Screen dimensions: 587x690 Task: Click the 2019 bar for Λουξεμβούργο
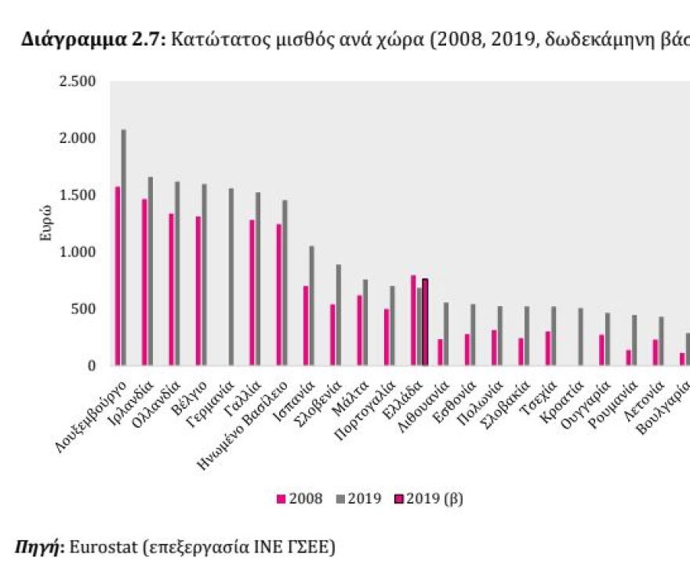[x=124, y=247]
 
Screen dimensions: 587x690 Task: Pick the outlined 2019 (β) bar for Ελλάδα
[x=425, y=323]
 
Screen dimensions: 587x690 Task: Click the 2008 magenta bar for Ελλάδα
[x=413, y=320]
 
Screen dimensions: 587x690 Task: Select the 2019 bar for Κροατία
[x=580, y=337]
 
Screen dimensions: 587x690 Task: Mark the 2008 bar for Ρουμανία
[x=628, y=358]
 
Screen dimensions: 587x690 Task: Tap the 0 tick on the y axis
[x=92, y=366]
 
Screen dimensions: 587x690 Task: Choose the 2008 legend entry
[x=300, y=498]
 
